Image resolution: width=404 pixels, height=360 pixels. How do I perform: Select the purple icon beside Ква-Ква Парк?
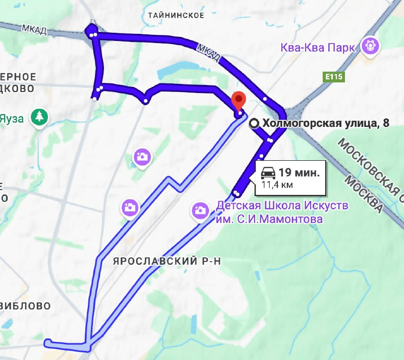371,47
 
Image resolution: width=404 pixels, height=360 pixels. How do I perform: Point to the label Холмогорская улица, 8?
326,123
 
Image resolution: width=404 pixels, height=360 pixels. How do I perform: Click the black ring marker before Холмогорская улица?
256,123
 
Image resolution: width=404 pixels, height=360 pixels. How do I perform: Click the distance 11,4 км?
277,185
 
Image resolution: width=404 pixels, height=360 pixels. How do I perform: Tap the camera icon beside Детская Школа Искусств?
200,210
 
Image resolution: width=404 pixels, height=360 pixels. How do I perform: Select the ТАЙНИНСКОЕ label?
176,15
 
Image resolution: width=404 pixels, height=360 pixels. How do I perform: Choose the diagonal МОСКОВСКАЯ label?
371,162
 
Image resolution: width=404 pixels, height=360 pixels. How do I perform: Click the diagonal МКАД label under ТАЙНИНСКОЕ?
208,53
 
